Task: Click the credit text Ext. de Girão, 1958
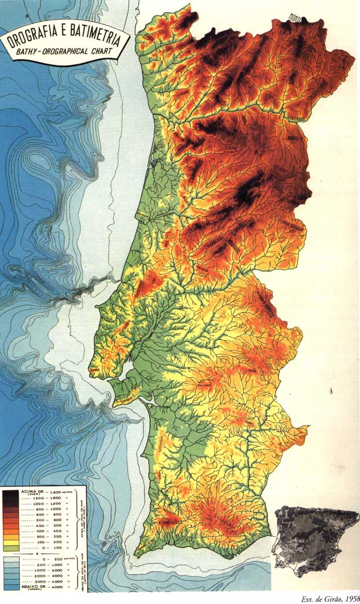330,599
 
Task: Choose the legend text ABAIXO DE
33,586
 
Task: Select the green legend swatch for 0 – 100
10,547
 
